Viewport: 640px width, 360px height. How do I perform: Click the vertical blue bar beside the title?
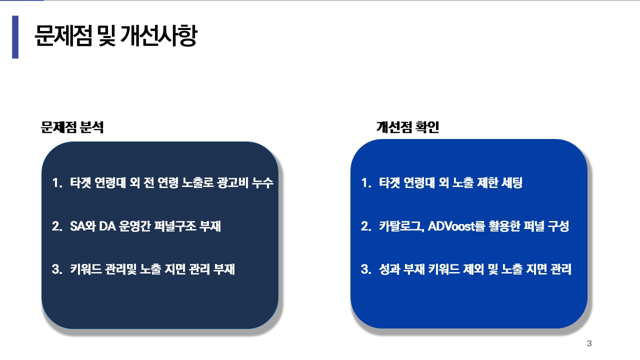tap(15, 37)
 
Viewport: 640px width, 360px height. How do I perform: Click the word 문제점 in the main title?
tap(63, 35)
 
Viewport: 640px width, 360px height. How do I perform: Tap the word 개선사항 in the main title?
tap(159, 35)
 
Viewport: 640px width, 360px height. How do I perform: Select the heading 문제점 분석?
tap(72, 127)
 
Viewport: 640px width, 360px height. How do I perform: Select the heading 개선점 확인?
tap(407, 127)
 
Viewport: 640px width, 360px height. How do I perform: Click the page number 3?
tap(589, 343)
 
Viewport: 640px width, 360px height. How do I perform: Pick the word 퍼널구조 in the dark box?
tap(175, 226)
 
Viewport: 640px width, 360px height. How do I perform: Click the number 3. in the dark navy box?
tap(57, 269)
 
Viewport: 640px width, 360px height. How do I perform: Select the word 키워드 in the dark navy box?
tap(85, 269)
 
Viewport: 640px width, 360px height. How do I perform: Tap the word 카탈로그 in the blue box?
tap(400, 226)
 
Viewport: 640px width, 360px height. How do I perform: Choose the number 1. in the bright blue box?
tap(366, 183)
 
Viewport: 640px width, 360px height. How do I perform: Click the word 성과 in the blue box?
tap(389, 269)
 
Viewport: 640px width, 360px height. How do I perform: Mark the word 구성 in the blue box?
tap(558, 226)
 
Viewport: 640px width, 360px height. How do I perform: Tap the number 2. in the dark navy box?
tap(57, 226)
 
